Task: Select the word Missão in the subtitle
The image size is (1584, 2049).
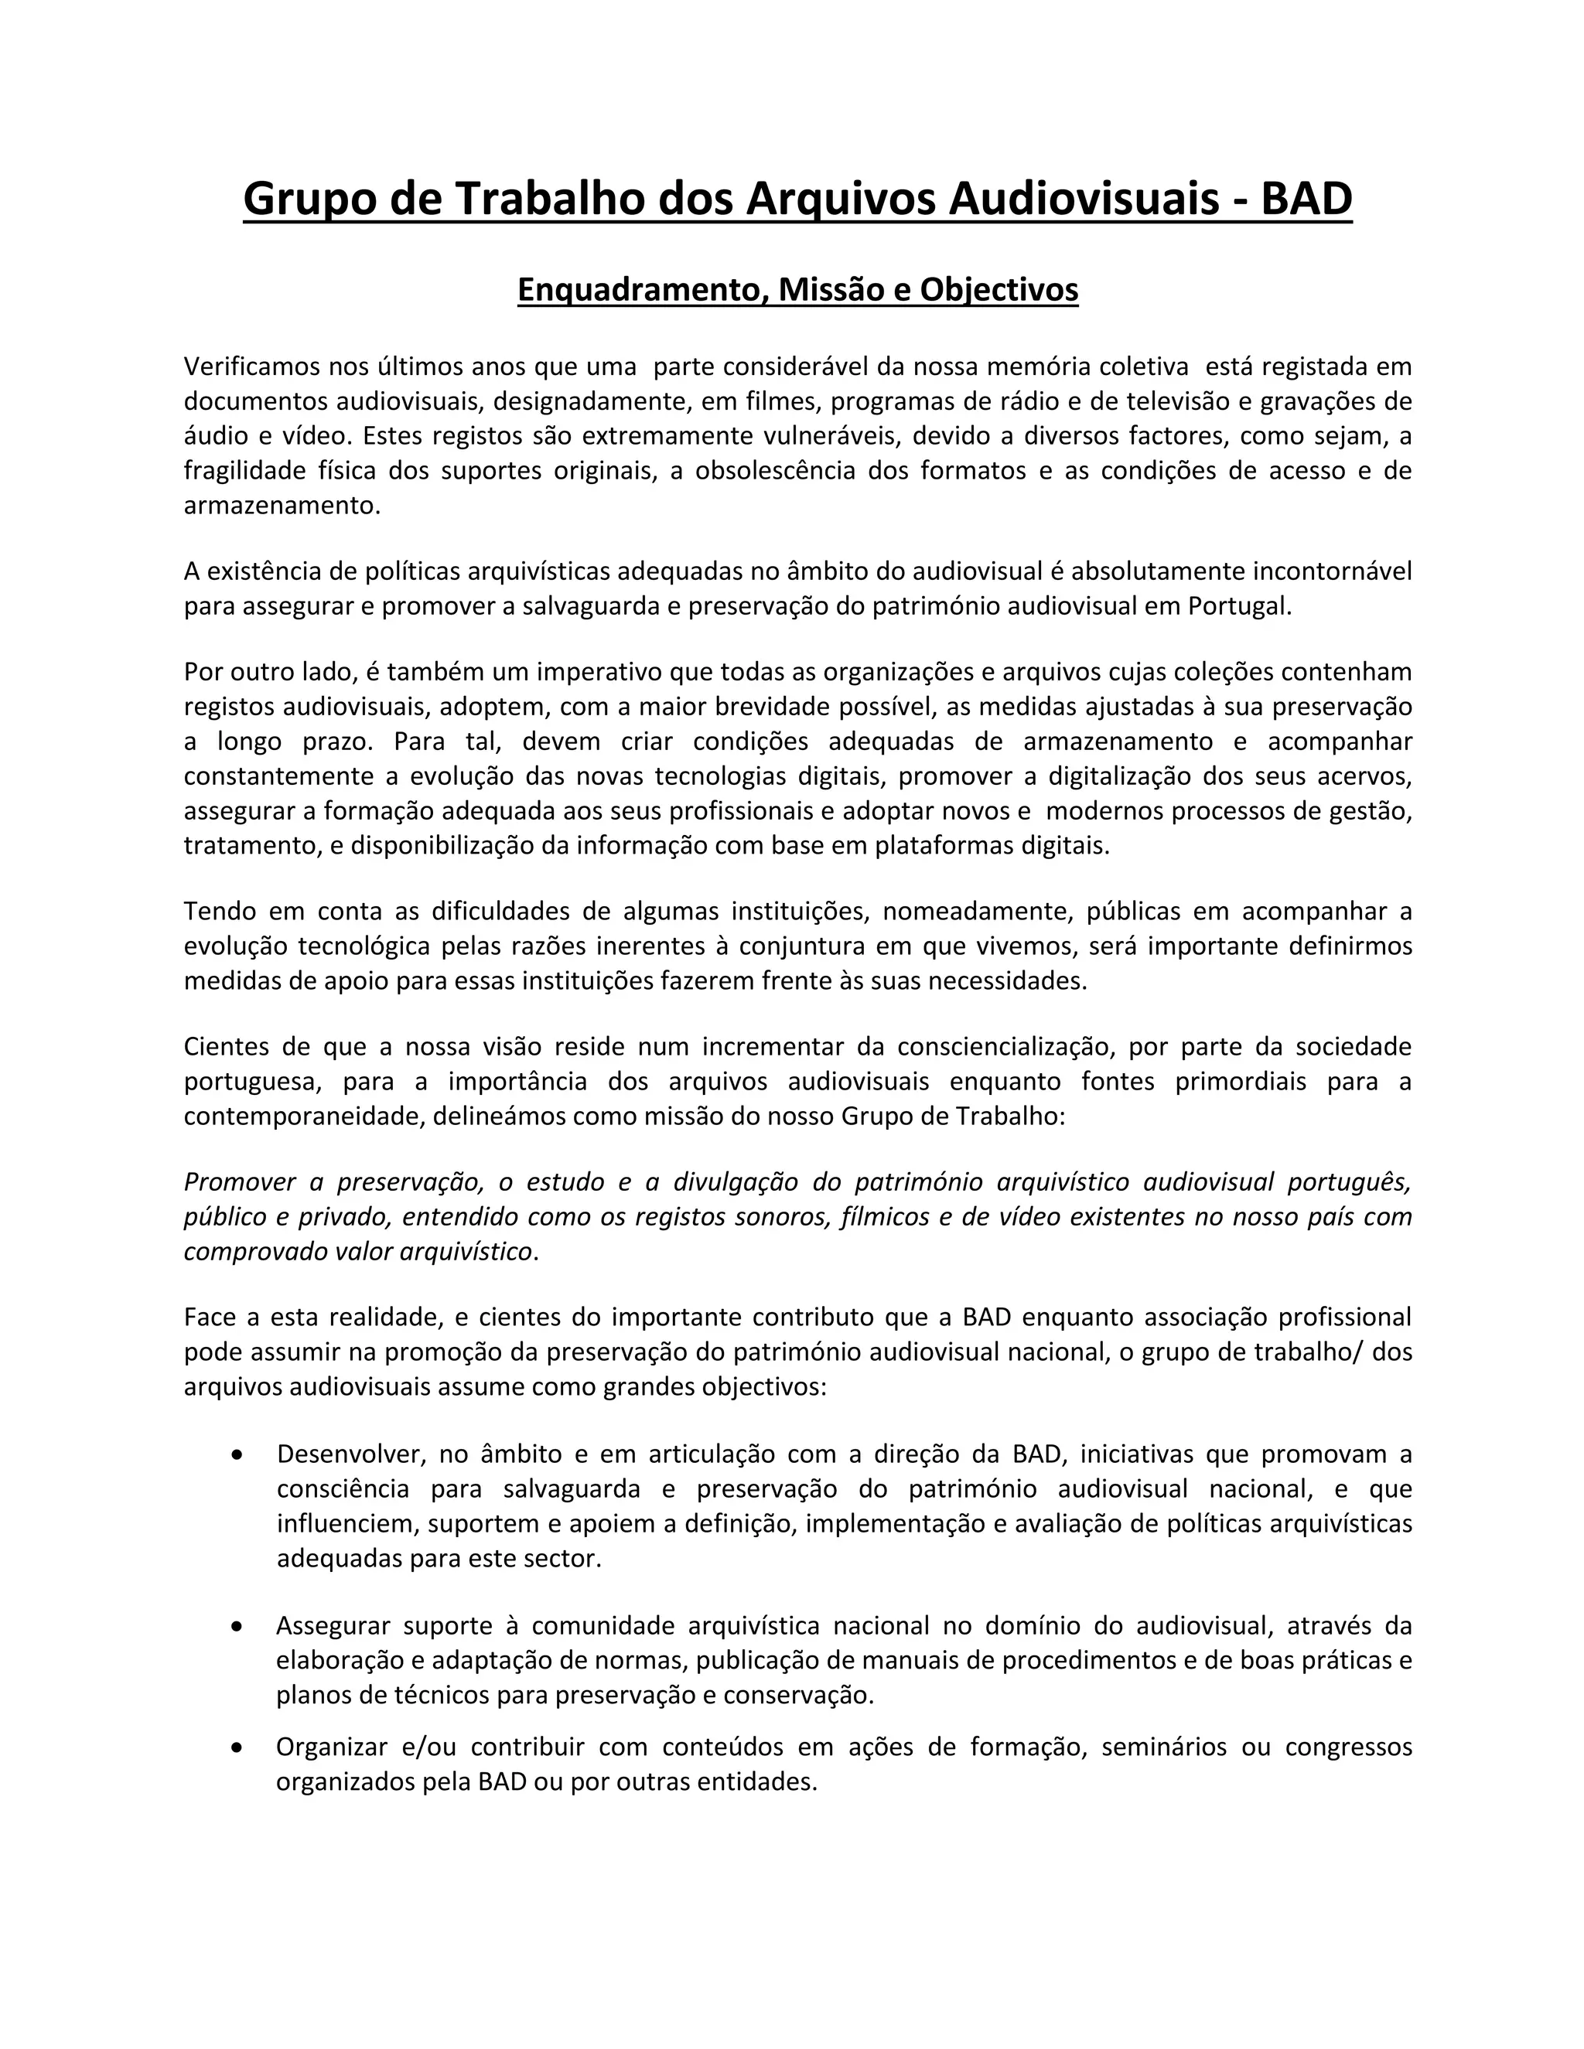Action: click(x=828, y=290)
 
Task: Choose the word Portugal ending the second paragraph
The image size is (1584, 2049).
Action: click(x=1239, y=606)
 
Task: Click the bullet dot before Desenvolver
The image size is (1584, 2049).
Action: click(x=237, y=1455)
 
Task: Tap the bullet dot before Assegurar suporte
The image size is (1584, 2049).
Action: click(x=237, y=1626)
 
